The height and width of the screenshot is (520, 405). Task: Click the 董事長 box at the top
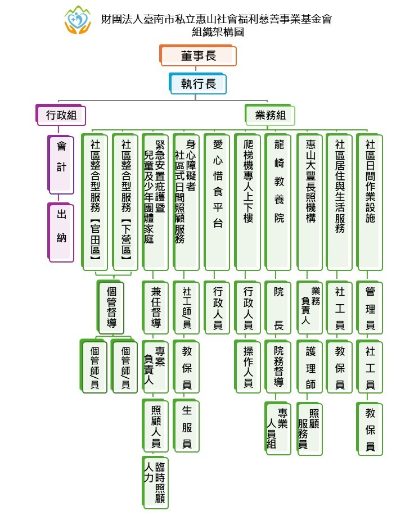[198, 56]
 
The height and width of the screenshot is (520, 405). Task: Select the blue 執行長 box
[198, 84]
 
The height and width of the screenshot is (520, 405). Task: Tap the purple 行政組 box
[61, 115]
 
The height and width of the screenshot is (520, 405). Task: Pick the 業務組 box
[270, 115]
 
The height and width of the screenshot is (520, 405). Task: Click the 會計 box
[61, 165]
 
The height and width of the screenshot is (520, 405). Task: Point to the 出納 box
[61, 232]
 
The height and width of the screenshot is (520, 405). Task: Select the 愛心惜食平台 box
[217, 202]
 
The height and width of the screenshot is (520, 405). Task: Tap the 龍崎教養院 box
[278, 202]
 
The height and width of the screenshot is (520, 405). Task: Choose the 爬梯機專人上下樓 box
[247, 202]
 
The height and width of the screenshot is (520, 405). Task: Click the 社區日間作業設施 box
[370, 202]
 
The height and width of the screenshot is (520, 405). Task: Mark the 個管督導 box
[111, 308]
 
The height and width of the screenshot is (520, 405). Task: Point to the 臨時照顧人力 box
[155, 482]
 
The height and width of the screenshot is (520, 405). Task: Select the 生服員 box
[186, 426]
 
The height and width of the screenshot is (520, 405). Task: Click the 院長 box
[278, 308]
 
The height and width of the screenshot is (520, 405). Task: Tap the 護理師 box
[309, 367]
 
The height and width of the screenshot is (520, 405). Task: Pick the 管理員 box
[370, 308]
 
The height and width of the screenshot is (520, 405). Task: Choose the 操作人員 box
[247, 367]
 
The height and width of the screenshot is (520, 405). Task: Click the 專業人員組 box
[278, 428]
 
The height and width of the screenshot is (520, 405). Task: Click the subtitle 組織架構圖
[218, 32]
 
